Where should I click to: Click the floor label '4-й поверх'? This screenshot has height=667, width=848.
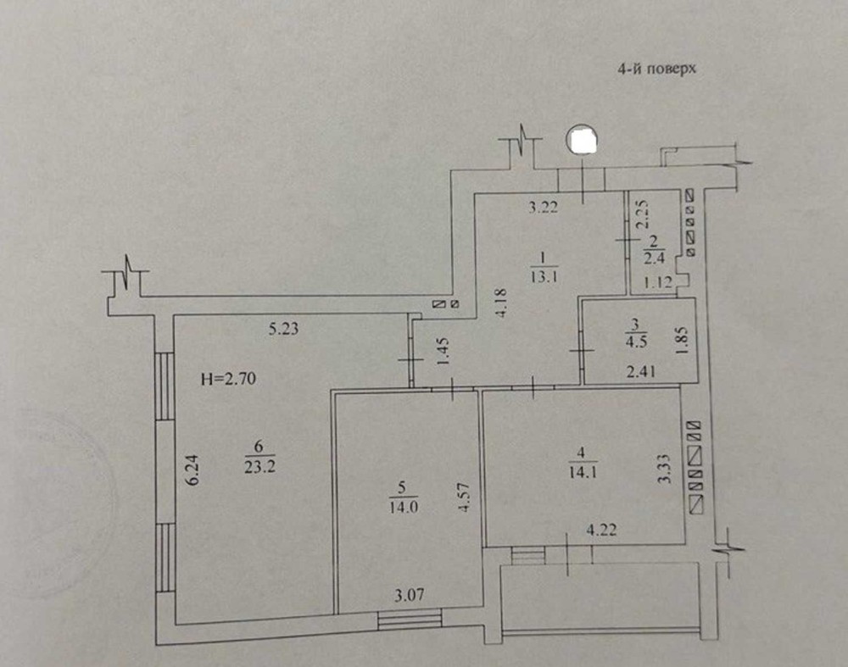pyautogui.click(x=657, y=69)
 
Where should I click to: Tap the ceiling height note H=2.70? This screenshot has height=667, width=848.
pyautogui.click(x=228, y=379)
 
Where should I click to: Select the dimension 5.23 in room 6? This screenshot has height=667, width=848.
pyautogui.click(x=283, y=328)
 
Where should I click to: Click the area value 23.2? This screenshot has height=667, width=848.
pyautogui.click(x=259, y=466)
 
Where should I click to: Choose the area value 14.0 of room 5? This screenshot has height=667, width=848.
pyautogui.click(x=404, y=508)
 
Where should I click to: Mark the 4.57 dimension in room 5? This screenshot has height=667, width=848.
pyautogui.click(x=463, y=497)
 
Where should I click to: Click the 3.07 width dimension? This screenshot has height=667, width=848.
pyautogui.click(x=410, y=596)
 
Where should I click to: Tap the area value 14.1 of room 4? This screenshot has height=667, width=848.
pyautogui.click(x=583, y=472)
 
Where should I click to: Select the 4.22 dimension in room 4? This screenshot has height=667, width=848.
pyautogui.click(x=601, y=530)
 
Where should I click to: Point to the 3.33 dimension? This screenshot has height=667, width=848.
pyautogui.click(x=665, y=470)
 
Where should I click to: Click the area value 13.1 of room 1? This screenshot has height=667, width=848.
pyautogui.click(x=544, y=277)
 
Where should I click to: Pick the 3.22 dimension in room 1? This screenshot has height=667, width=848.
pyautogui.click(x=543, y=207)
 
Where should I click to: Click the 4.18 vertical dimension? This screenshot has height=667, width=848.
pyautogui.click(x=500, y=303)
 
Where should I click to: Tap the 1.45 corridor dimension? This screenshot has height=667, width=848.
pyautogui.click(x=443, y=352)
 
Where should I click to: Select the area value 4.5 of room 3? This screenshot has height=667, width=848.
pyautogui.click(x=636, y=342)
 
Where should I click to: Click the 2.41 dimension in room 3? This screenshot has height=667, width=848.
pyautogui.click(x=641, y=371)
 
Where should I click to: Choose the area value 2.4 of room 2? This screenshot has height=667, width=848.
pyautogui.click(x=655, y=258)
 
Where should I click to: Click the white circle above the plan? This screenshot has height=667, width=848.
pyautogui.click(x=582, y=140)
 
